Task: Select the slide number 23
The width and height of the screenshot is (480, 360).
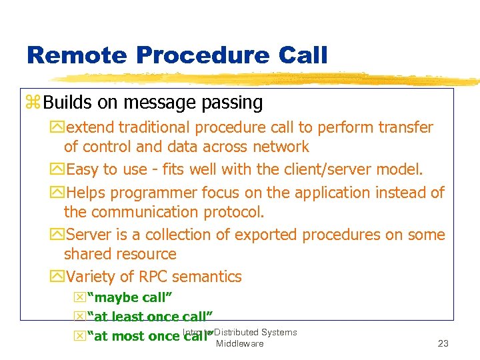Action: click(443, 344)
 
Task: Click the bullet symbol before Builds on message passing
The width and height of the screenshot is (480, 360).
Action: click(33, 103)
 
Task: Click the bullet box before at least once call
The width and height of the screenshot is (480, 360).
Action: click(79, 317)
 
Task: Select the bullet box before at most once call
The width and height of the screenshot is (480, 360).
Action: click(79, 336)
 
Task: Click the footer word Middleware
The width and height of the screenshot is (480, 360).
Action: click(239, 343)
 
